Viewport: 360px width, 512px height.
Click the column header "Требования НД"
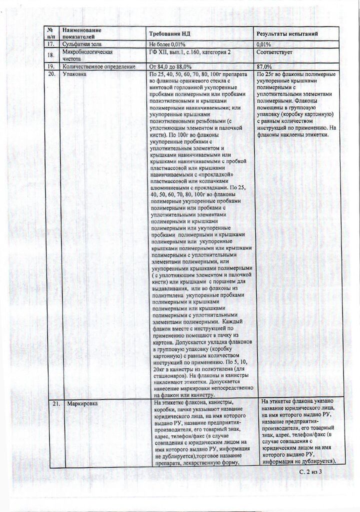(x=170, y=33)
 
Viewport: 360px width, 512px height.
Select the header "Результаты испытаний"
(x=287, y=33)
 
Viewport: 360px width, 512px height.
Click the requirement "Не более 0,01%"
(x=170, y=45)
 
